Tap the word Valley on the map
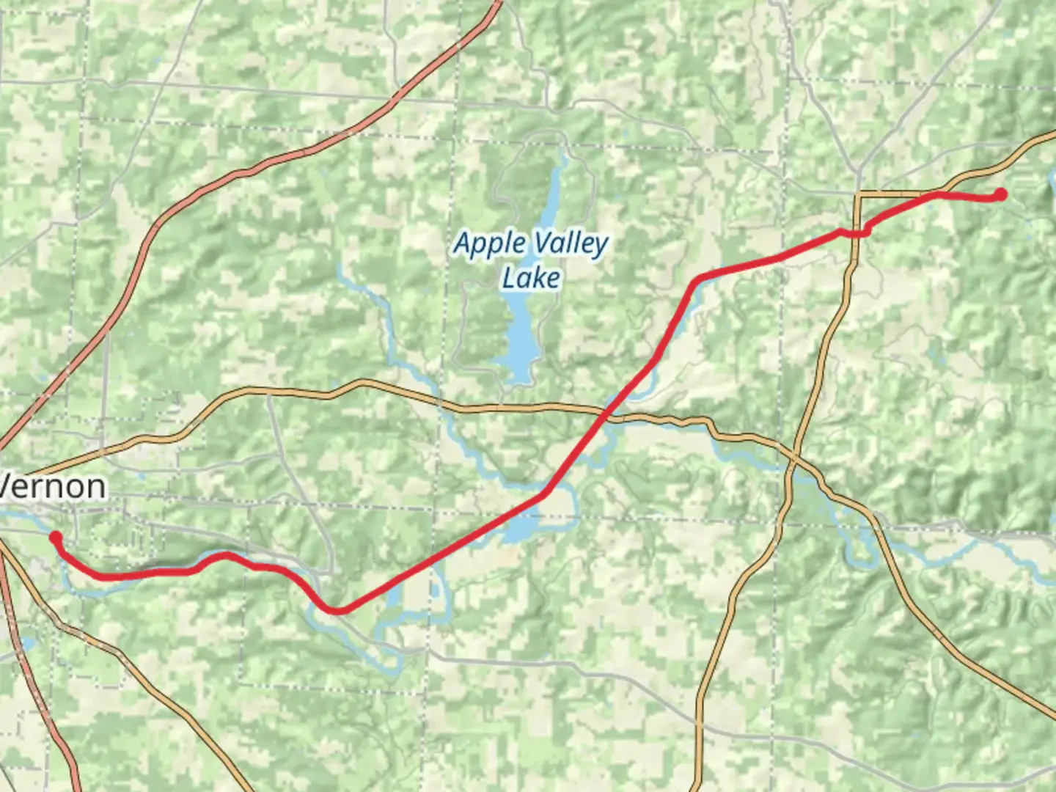571,243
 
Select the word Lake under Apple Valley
532,278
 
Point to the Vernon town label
53,486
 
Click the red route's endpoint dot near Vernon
55,538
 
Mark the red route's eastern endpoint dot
1000,194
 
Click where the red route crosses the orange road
605,416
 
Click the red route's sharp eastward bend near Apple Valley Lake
697,278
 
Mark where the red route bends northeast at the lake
544,494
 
